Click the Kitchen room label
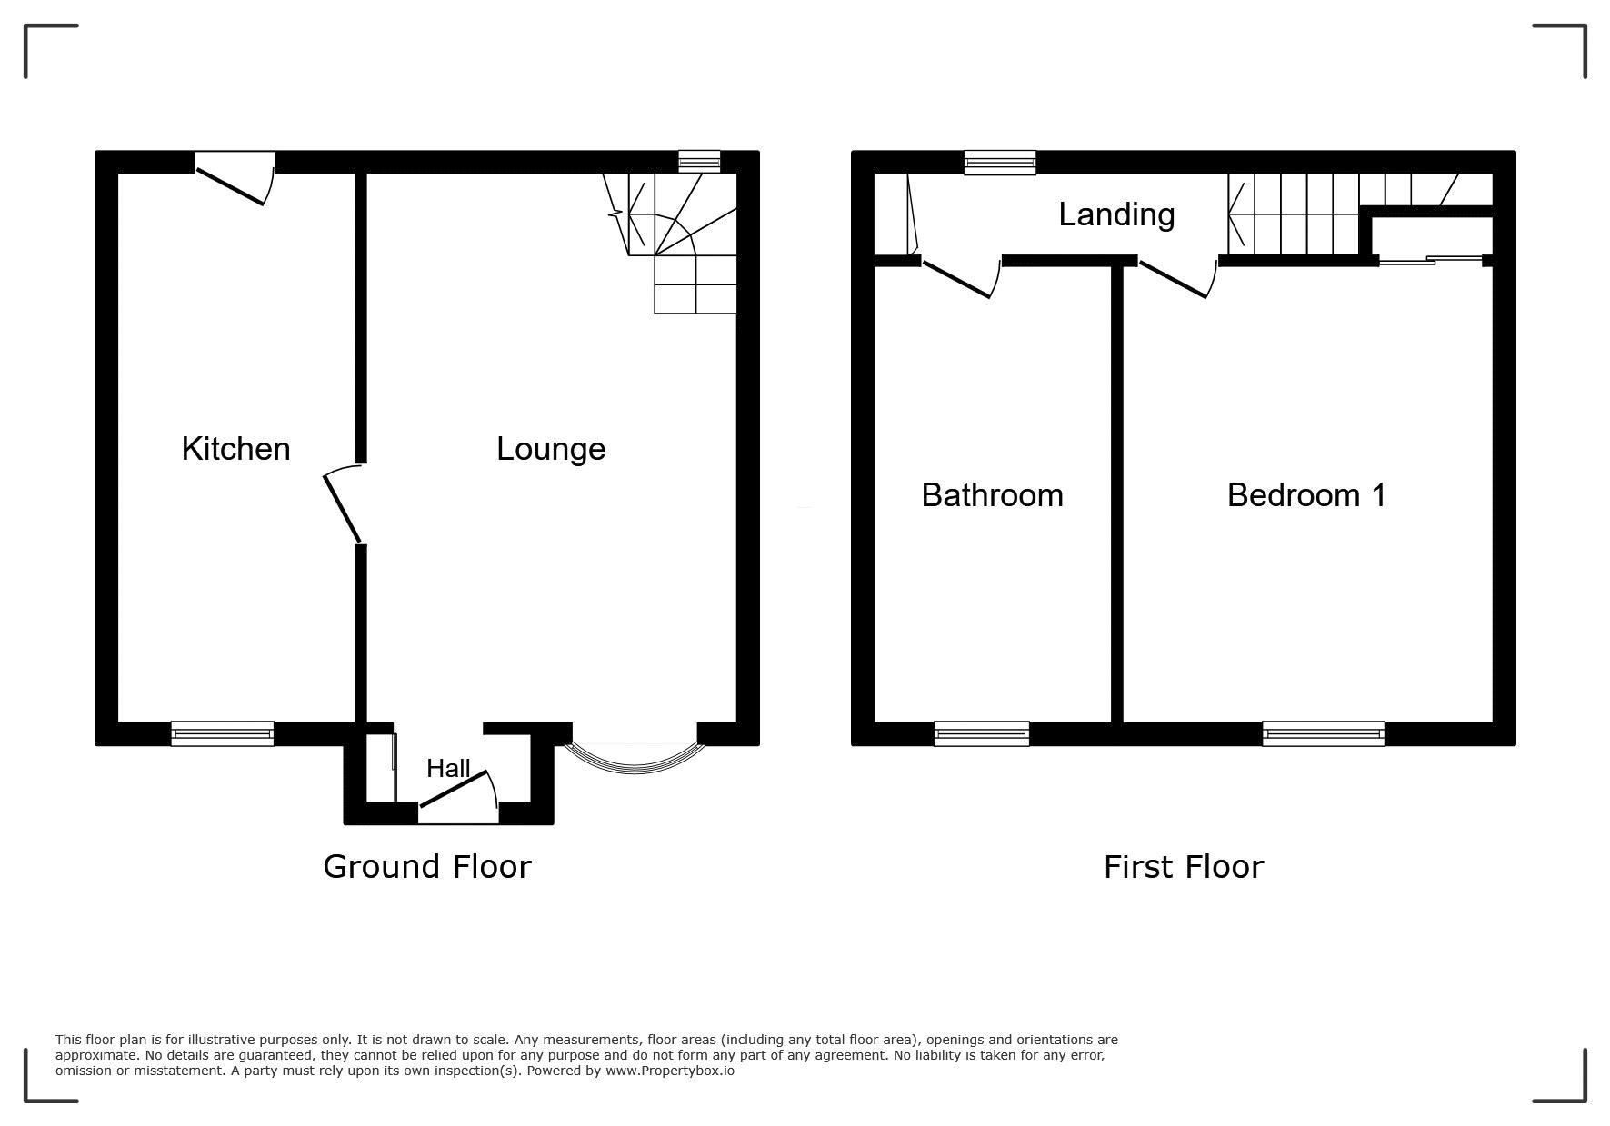click(235, 448)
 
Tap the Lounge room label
click(551, 449)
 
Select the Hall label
click(448, 769)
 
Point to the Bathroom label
click(992, 495)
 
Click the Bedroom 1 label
click(1306, 495)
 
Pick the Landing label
click(1116, 215)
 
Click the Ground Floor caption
click(427, 867)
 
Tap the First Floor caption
click(1184, 867)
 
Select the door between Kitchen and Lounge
click(344, 504)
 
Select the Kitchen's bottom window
click(223, 733)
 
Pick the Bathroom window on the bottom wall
click(982, 733)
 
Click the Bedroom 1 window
click(1324, 733)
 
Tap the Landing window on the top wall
click(1000, 163)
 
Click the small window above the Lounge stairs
click(700, 162)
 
